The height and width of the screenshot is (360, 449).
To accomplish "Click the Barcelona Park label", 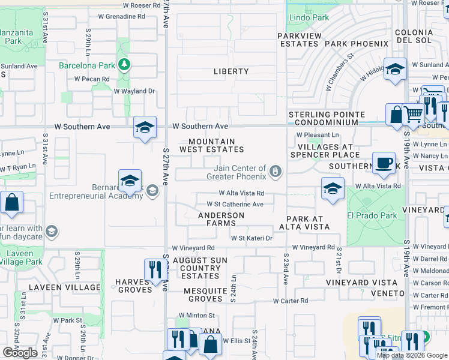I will point(86,65).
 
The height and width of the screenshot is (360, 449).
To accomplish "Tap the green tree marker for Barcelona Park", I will point(124,64).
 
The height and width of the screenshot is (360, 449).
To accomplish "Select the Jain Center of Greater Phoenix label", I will point(236,173).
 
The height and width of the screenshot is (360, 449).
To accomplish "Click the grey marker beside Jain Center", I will point(276,173).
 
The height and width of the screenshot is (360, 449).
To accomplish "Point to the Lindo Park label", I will point(309,18).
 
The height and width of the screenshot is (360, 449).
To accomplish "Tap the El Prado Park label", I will point(372,215).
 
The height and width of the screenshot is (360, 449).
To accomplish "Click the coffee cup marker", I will point(384,162).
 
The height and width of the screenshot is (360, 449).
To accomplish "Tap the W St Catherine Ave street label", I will point(235,204).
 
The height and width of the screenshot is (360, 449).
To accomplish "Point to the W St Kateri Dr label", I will point(252,238).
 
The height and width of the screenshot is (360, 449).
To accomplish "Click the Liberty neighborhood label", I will point(231,71).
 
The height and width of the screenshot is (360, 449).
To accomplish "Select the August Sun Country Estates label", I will point(200,268).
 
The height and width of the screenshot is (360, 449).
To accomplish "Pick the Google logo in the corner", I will point(20,353).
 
